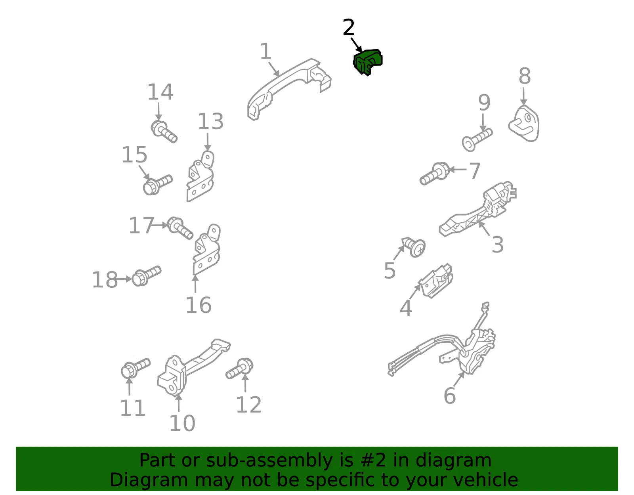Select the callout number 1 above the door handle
265,52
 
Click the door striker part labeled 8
524,124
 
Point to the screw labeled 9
477,140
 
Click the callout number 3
497,245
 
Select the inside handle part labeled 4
436,281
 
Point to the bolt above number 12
240,369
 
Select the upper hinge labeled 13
201,176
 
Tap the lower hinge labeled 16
206,249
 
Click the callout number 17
141,226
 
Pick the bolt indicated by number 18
146,276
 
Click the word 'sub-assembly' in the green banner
269,461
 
